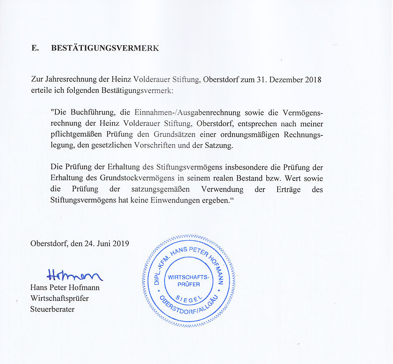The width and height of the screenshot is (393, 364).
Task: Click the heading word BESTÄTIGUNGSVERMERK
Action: [105, 48]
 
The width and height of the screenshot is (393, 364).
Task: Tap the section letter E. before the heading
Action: [35, 48]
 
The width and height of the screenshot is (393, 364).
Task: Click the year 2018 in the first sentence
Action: [312, 80]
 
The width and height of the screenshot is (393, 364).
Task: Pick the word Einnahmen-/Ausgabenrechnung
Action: [187, 112]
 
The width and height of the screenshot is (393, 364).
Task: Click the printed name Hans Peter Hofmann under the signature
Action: [65, 288]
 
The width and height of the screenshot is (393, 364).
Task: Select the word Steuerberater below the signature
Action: [52, 310]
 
